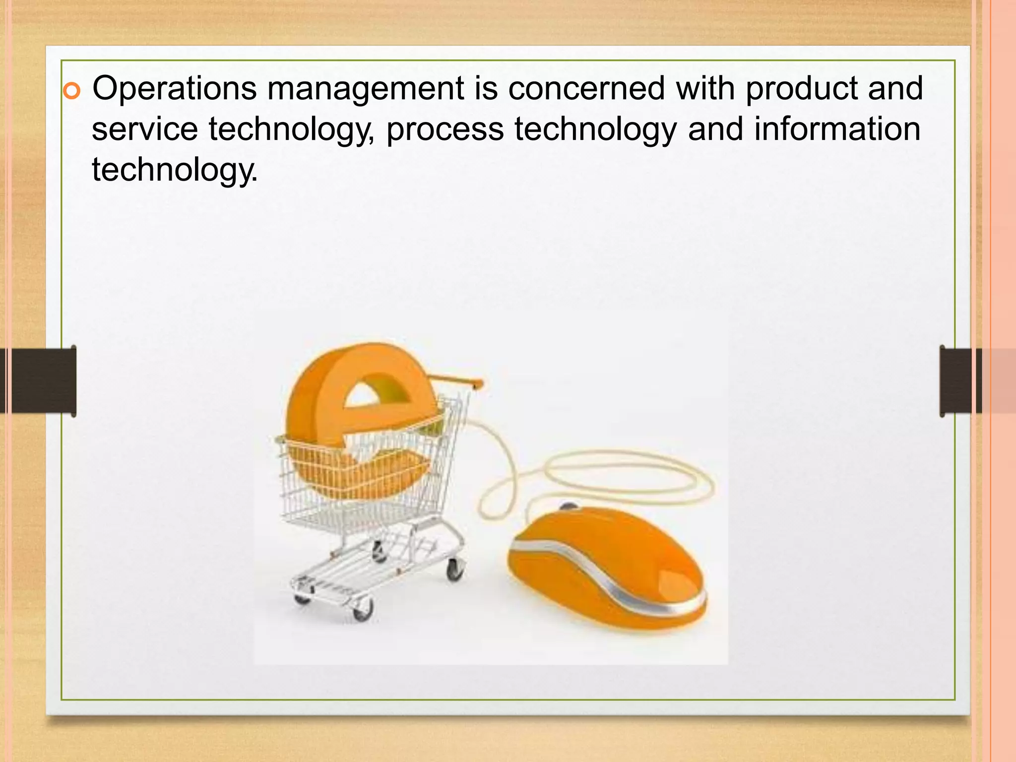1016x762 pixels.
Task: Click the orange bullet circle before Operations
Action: point(72,92)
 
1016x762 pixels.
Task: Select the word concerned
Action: point(586,88)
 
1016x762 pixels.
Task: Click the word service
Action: point(145,129)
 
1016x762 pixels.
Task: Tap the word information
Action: point(837,129)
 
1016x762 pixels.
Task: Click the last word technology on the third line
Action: point(175,170)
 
